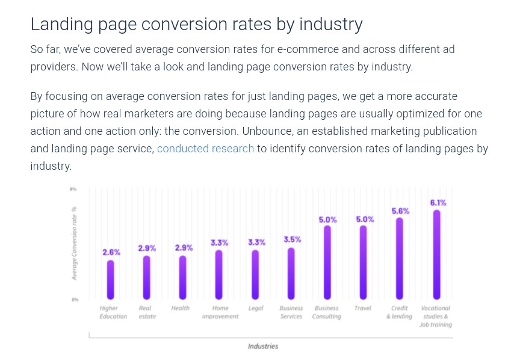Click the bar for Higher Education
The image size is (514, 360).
111,279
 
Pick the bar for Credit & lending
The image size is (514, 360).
399,258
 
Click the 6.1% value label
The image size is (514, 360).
438,203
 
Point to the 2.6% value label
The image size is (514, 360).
111,252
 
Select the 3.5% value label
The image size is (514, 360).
293,240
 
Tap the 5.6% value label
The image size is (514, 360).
400,211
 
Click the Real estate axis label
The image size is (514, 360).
147,312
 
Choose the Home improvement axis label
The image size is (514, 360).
220,312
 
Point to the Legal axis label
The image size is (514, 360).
256,308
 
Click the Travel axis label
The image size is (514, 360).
363,308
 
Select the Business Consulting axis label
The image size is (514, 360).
327,312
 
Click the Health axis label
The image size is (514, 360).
180,308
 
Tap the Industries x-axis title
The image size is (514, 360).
263,346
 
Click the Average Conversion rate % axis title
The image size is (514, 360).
75,243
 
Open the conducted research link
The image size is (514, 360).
205,149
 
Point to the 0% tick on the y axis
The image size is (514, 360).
75,299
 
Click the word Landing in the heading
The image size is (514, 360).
60,24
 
